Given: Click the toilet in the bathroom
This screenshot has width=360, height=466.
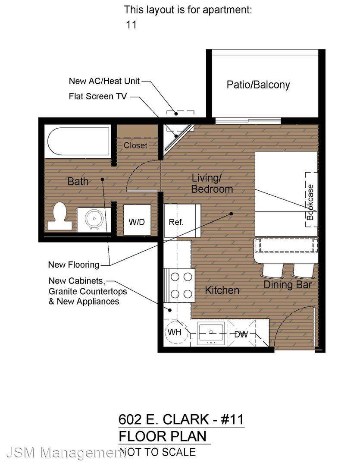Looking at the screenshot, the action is pyautogui.click(x=59, y=216).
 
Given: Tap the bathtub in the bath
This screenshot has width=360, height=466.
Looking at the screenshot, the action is pyautogui.click(x=78, y=142).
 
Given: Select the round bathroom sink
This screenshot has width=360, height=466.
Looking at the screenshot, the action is pyautogui.click(x=94, y=219).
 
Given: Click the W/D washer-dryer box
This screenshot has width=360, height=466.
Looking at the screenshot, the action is pyautogui.click(x=137, y=220).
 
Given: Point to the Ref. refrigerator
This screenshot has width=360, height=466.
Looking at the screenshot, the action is pyautogui.click(x=182, y=220).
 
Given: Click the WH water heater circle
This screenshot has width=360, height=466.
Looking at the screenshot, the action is pyautogui.click(x=177, y=332).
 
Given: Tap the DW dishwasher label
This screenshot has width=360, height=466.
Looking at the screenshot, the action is pyautogui.click(x=241, y=334).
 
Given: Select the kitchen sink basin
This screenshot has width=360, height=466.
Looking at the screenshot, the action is pyautogui.click(x=211, y=333).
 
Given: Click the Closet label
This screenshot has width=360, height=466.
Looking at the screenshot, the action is pyautogui.click(x=135, y=145).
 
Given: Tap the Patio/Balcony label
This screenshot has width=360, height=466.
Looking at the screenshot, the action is pyautogui.click(x=258, y=85).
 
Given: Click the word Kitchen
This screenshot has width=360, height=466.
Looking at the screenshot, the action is pyautogui.click(x=222, y=290).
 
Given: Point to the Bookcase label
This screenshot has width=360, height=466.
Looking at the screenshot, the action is pyautogui.click(x=310, y=202).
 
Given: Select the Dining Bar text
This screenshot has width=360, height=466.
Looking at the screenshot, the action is pyautogui.click(x=288, y=285).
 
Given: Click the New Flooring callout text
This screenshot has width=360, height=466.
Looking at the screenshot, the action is pyautogui.click(x=74, y=264).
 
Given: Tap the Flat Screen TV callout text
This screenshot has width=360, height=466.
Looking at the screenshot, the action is pyautogui.click(x=98, y=96).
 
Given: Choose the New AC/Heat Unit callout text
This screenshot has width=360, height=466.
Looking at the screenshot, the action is pyautogui.click(x=104, y=81).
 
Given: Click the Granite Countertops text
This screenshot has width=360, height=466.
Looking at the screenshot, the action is pyautogui.click(x=88, y=291).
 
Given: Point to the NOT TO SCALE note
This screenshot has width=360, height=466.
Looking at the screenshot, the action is pyautogui.click(x=157, y=452).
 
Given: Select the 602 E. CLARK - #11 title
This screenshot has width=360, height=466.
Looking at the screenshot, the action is pyautogui.click(x=181, y=419).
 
